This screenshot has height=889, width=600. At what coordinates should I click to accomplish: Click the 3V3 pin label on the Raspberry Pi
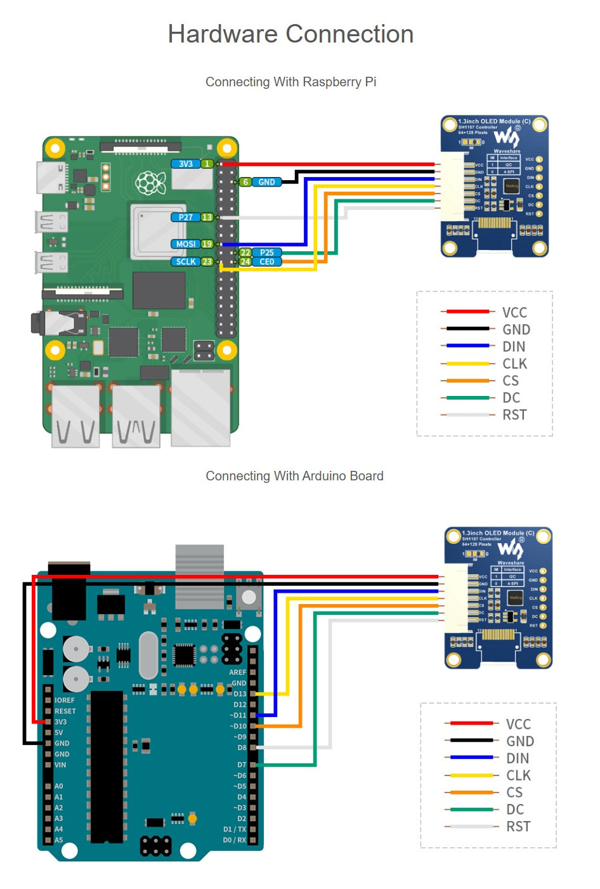pos(185,164)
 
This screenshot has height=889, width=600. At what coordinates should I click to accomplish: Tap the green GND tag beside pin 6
pos(266,182)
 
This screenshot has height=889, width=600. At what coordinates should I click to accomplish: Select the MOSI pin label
pos(185,244)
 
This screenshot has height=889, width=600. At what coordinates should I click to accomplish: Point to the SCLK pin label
pos(185,261)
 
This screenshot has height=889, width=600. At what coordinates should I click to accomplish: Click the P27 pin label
pos(185,217)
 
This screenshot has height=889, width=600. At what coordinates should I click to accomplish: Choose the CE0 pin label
pos(266,261)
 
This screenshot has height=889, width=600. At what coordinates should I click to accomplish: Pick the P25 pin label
pos(266,253)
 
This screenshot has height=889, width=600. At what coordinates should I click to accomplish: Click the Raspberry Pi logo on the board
pos(150,183)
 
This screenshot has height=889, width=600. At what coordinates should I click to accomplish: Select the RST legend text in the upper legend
pos(514,415)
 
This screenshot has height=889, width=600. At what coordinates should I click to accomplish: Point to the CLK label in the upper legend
pos(514,364)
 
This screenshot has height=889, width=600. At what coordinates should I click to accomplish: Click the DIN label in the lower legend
pos(518,758)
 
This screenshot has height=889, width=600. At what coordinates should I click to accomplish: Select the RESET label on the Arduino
pos(65,711)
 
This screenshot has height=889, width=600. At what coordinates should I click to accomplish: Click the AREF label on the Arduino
pos(237,672)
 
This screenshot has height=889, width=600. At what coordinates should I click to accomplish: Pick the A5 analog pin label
pos(59,840)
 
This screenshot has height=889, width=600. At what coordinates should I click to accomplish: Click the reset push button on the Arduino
pos(249,597)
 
